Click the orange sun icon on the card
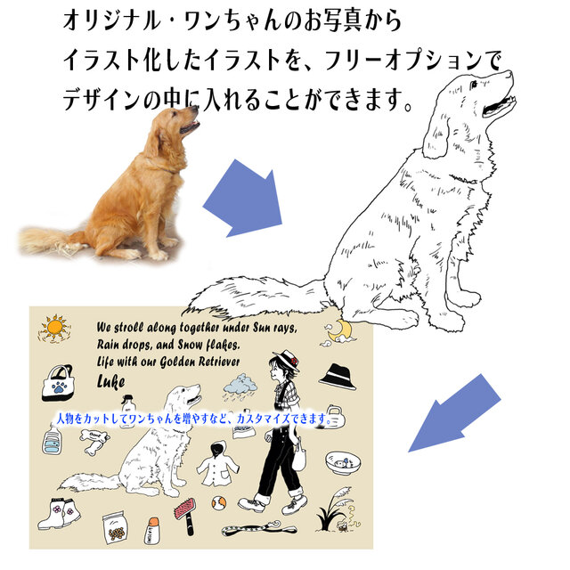click(x=53, y=329)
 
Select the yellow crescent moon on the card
click(x=343, y=332)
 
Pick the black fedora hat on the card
click(x=337, y=376)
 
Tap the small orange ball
click(x=218, y=503)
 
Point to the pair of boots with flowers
click(x=58, y=513)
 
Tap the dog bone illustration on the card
click(x=93, y=435)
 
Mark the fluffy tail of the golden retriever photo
click(x=49, y=238)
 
